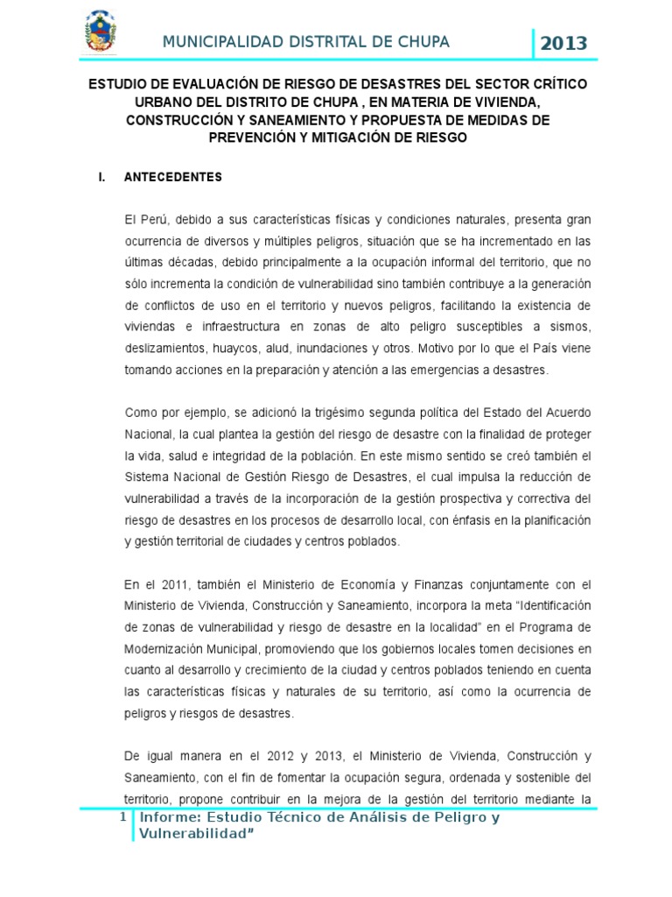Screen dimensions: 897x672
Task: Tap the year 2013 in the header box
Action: point(563,43)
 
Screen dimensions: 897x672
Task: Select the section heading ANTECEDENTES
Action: point(173,177)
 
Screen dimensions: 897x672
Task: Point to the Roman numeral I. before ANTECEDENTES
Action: point(102,177)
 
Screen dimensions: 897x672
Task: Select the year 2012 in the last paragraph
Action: point(255,756)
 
